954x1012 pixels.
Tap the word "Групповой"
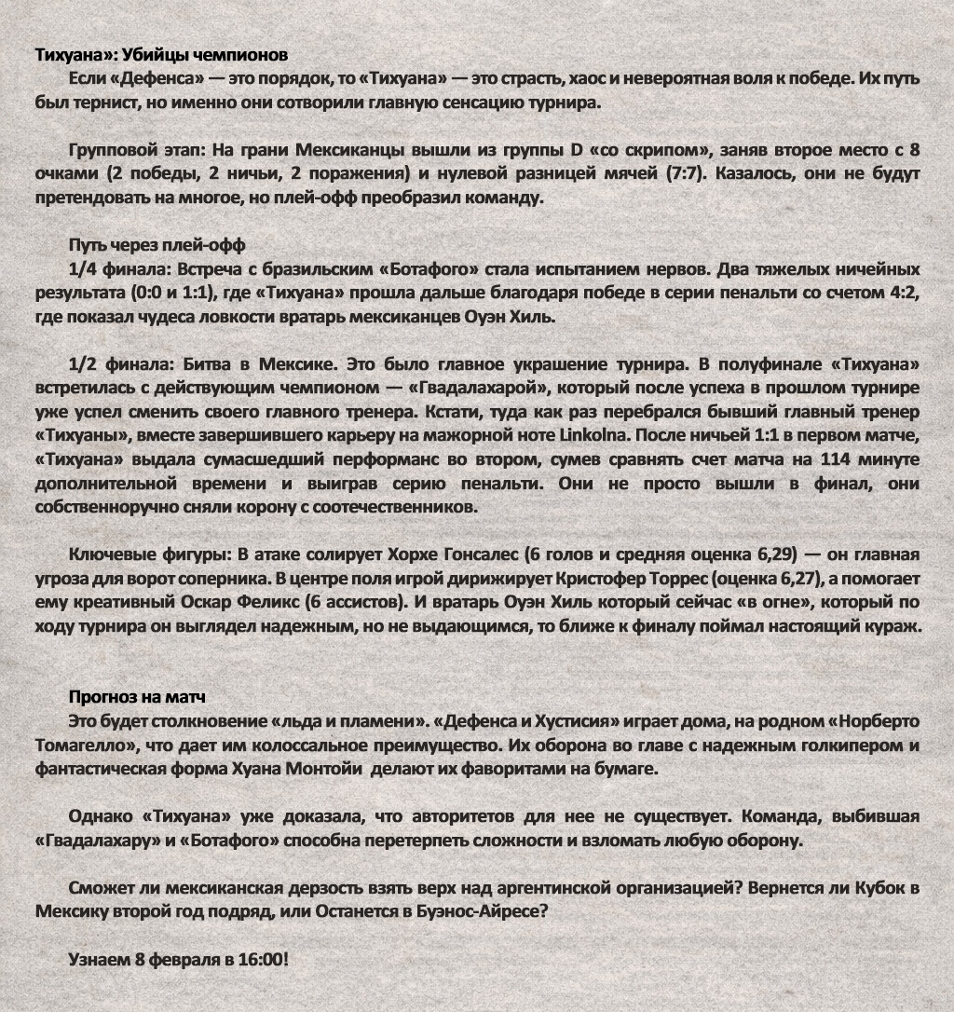coord(110,150)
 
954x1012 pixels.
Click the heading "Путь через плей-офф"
coord(157,246)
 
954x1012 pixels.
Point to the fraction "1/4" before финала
coord(84,270)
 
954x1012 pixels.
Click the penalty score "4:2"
coord(903,294)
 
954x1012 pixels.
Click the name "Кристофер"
coord(608,579)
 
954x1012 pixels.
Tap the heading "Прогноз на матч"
coord(138,698)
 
